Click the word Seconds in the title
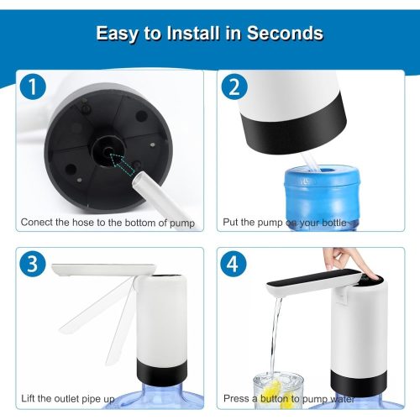point(285,34)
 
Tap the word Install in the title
point(193,34)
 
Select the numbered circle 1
point(33,87)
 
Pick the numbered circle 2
point(234,87)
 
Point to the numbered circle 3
point(33,264)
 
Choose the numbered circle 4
point(234,264)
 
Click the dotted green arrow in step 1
point(122,164)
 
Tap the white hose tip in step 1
point(140,179)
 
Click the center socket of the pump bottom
point(108,151)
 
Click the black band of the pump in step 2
point(294,132)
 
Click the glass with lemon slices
point(278,390)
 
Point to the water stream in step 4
point(276,336)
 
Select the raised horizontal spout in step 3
point(103,270)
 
